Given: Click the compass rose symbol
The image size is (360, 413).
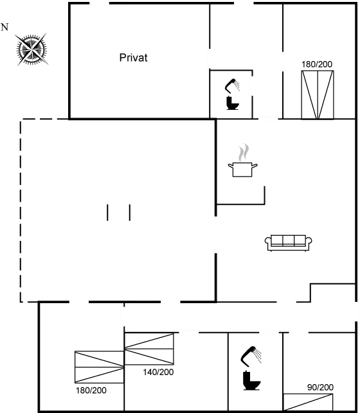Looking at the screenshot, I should (x=31, y=48).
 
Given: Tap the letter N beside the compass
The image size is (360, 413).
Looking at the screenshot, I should (x=5, y=27).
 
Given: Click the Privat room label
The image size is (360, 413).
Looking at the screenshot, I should (x=133, y=58).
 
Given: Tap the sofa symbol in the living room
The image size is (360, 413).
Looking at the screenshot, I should (x=289, y=241).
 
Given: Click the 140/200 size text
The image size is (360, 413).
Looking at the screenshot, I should (x=158, y=372).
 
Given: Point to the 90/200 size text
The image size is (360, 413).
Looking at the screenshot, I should (x=319, y=387).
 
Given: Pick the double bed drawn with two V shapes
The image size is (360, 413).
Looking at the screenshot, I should (x=318, y=94).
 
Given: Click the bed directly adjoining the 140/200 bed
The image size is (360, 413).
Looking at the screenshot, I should (x=99, y=368).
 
